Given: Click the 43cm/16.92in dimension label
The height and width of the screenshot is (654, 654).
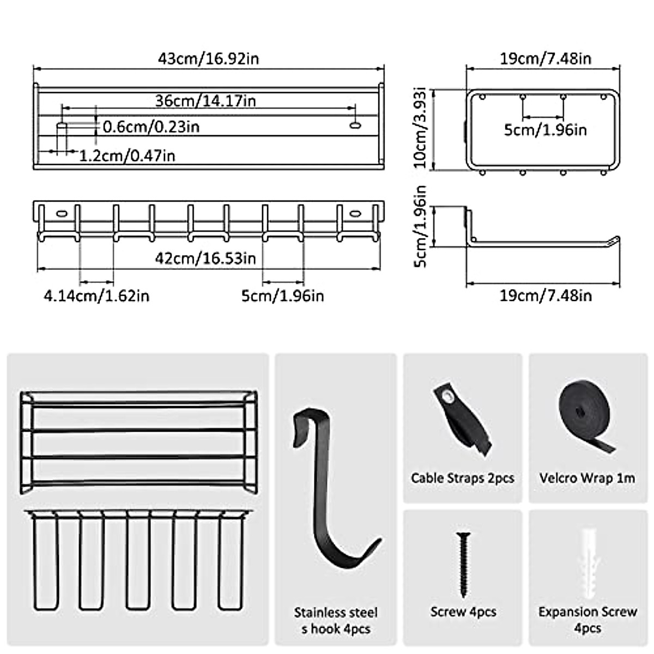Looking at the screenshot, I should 208,58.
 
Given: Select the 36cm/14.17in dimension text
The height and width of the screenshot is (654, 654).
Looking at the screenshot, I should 205,101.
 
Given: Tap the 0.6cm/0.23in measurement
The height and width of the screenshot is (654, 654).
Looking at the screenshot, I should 151,127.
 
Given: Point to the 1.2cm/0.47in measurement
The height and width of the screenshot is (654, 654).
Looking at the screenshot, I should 127,156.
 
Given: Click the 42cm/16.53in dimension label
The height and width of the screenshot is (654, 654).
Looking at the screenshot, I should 205,258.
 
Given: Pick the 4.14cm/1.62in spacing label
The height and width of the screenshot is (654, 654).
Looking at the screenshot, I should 96,296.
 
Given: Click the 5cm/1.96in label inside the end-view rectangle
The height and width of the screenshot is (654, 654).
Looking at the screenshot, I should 545,130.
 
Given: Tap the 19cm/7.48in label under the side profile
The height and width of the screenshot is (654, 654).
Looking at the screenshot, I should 546,296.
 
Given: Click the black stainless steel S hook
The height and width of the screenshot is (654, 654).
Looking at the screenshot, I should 327,491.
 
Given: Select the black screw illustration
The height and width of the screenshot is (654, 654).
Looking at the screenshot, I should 463,564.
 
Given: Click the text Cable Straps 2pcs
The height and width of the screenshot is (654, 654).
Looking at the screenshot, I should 463,479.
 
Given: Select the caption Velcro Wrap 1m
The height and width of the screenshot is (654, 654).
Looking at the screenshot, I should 587,479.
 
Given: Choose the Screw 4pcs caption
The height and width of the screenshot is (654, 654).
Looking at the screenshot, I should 463,612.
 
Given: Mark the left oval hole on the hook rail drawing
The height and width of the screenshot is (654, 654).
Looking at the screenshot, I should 61,213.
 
